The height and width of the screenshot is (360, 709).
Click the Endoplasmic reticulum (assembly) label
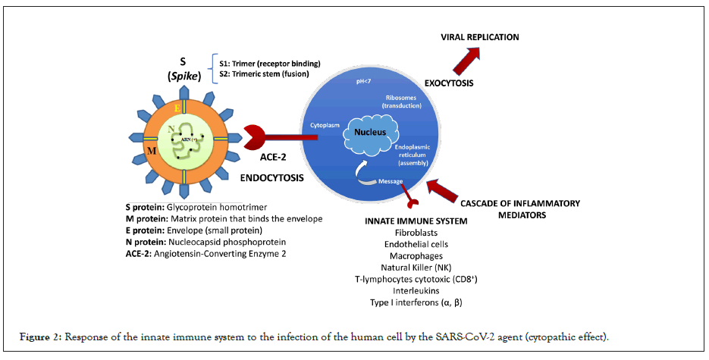[419, 155]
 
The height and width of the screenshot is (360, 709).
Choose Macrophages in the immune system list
[410, 256]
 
